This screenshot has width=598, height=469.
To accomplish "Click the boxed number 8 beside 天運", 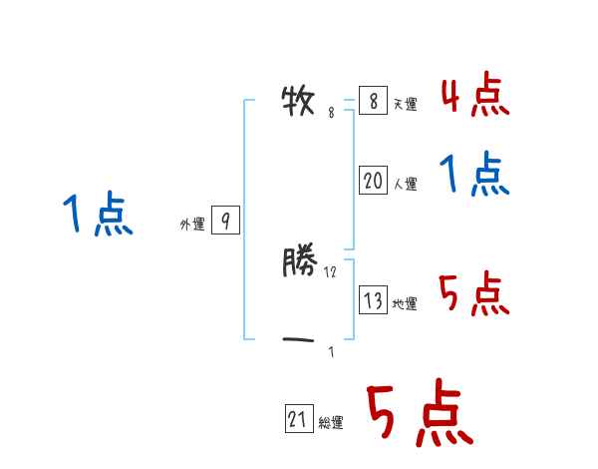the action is [373, 101].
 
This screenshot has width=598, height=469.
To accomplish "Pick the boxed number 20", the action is [373, 181].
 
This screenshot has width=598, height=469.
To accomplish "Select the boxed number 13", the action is [373, 300].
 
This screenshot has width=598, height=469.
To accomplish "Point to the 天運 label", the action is [405, 105].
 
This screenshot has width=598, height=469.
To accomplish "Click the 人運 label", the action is [405, 185].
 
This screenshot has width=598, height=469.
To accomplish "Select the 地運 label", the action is [405, 304].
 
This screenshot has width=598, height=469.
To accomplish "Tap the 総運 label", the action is [331, 424].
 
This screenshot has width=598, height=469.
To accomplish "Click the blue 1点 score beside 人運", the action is [474, 177].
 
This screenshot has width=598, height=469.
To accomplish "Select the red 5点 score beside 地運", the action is [474, 294].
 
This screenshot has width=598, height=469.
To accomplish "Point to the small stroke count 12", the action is [331, 271].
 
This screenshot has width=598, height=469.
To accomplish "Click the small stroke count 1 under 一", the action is [331, 351].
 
